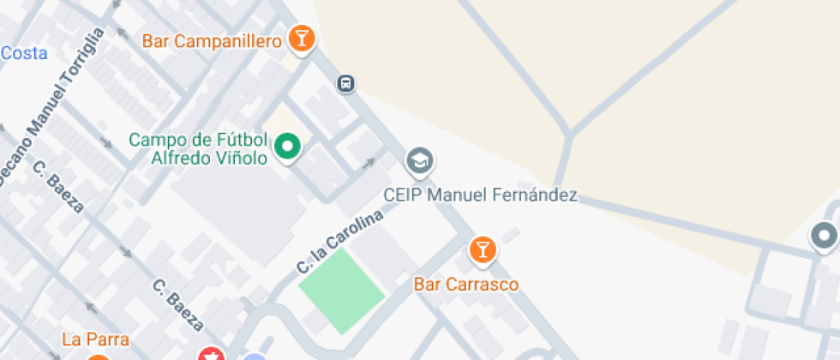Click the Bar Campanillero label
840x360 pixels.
pos(212,40)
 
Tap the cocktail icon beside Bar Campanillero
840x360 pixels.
pos(301,39)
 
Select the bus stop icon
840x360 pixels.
pos(345,83)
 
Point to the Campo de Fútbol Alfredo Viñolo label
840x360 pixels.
pos(199,148)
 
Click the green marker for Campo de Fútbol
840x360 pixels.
pos(288,147)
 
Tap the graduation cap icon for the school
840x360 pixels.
pos(419,160)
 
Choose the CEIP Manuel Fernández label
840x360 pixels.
pos(479,195)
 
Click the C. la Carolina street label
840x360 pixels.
pos(339,241)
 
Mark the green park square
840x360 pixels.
pos(341,291)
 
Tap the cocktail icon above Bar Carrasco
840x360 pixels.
pos(483,250)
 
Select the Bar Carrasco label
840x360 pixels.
pos(466,284)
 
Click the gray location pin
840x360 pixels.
pos(825,236)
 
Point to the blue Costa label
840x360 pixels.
pos(23,53)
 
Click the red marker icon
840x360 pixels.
pos(211,354)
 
